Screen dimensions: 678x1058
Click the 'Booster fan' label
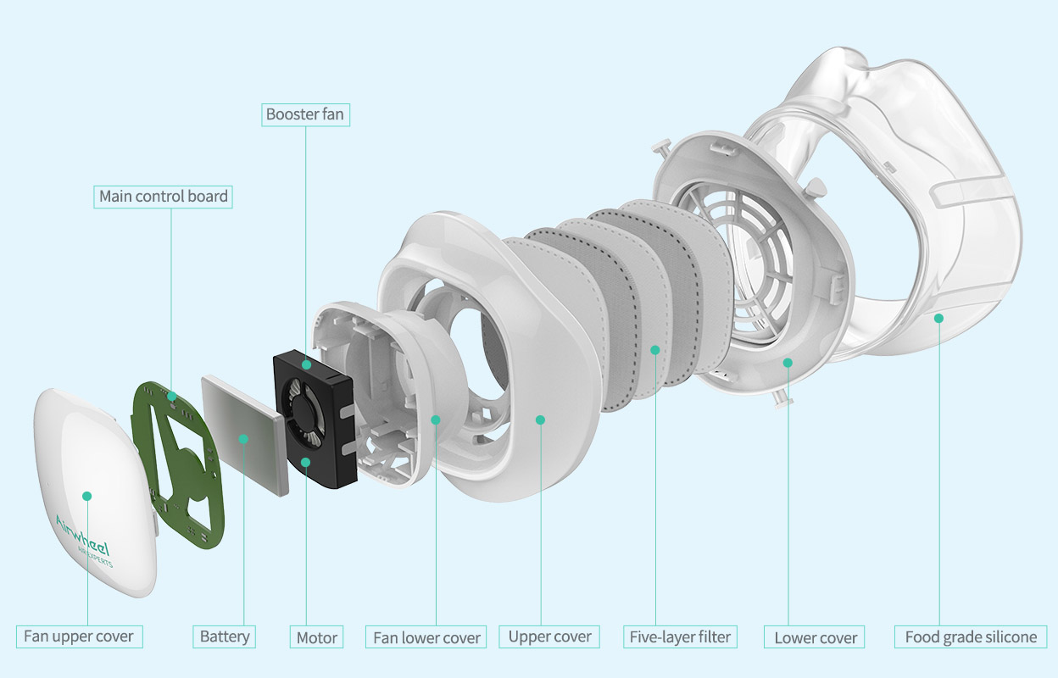305,114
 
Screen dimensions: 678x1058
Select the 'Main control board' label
164,197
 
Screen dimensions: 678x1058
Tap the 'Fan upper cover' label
78,636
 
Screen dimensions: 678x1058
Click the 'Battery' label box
225,636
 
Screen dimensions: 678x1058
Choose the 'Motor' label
317,637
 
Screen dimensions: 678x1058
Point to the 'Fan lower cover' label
427,637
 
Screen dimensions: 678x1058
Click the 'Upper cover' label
549,636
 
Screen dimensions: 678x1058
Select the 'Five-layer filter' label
680,636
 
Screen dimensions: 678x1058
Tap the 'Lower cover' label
816,637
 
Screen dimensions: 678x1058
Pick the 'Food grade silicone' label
971,636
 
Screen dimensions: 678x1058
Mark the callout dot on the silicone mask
938,318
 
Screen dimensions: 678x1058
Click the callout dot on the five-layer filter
654,349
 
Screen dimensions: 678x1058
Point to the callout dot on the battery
243,438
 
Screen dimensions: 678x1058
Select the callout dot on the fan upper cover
86,496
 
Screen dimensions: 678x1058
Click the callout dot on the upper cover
540,419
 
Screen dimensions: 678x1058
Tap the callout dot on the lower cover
788,363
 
